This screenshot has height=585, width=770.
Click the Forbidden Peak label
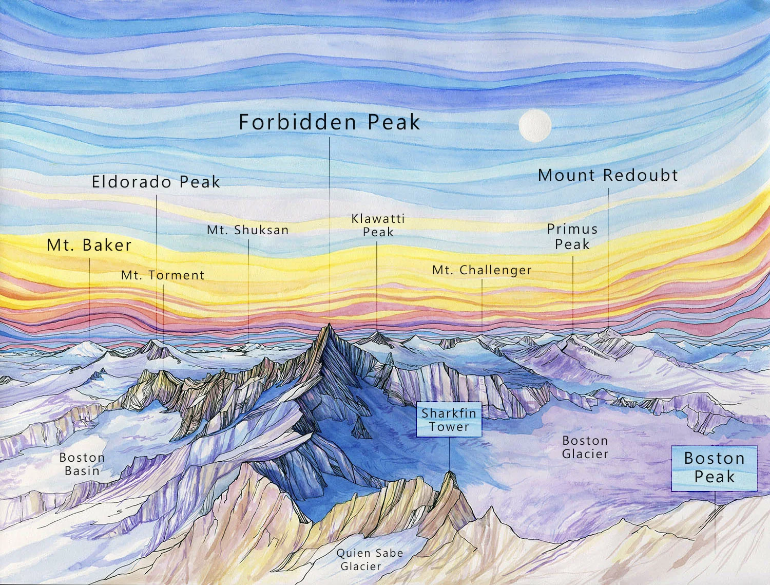[329, 122]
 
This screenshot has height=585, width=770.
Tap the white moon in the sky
[535, 125]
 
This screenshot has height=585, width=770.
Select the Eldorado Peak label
[156, 182]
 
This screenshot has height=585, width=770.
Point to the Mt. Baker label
[89, 245]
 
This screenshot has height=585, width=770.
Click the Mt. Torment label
[163, 275]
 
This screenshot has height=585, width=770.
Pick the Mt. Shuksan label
[248, 230]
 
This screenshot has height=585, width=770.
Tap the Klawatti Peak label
[378, 225]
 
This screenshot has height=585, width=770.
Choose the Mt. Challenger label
[482, 270]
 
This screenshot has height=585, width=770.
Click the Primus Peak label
[572, 236]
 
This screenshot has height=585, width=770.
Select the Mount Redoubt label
[608, 175]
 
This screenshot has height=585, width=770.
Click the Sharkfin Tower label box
[449, 420]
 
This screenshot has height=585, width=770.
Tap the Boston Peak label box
[714, 467]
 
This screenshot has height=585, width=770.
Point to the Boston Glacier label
[585, 447]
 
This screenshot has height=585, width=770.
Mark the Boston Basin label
[82, 464]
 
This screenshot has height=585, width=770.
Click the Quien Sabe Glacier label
[370, 559]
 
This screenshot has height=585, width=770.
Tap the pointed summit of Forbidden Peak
[328, 326]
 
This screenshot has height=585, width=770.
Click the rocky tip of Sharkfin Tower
[450, 473]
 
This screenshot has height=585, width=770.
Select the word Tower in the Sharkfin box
[449, 427]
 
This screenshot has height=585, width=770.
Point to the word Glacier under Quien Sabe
[361, 567]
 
